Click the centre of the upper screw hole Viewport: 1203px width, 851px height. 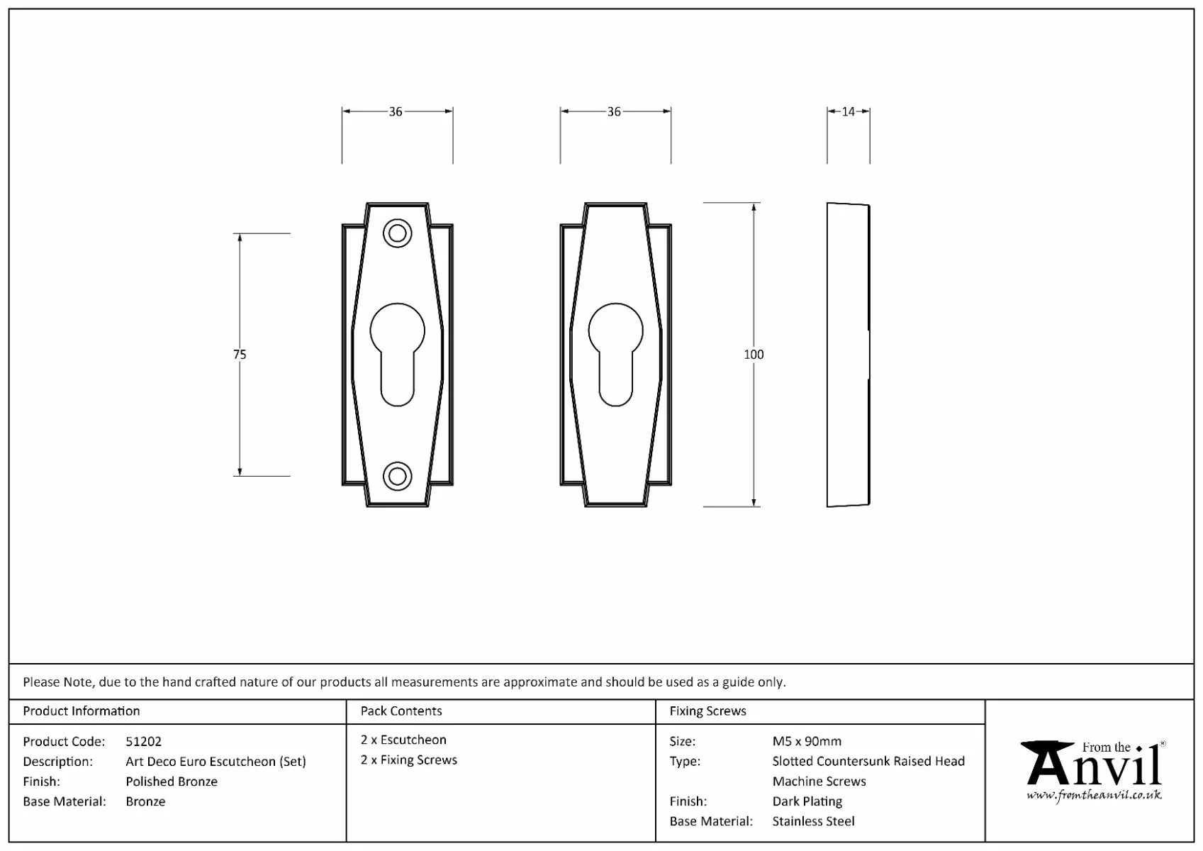coord(398,234)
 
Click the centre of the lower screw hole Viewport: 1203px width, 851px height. coord(398,476)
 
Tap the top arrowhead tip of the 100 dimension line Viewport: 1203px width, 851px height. coord(754,204)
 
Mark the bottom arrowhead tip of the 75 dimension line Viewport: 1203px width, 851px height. coord(240,475)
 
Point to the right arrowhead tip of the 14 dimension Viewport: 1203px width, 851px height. coord(869,112)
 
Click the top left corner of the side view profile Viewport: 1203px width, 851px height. coord(827,203)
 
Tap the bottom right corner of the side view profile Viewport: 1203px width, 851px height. coord(870,504)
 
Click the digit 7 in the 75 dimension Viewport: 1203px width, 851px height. coord(236,355)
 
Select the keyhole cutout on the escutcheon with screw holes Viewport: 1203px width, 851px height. coord(398,355)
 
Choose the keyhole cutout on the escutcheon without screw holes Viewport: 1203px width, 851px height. coord(615,355)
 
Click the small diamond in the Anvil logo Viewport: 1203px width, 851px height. coord(1139,749)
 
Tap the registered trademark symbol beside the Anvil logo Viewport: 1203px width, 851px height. coord(1163,744)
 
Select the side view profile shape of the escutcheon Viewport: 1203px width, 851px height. coord(848,355)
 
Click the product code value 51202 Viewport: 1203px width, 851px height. coord(143,741)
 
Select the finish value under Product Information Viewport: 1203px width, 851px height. coord(172,782)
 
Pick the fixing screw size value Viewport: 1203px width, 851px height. coord(807,741)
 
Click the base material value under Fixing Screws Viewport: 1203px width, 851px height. coord(813,821)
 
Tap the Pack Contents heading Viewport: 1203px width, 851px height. coord(401,711)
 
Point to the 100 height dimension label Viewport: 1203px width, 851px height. coord(754,355)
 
